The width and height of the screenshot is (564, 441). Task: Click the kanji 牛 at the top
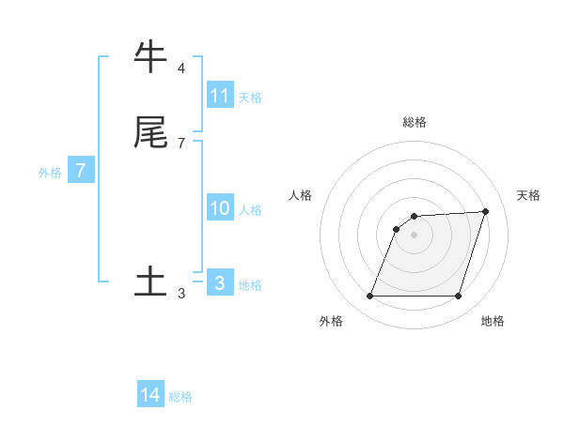pos(151,57)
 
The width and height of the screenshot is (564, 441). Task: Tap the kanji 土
pos(151,281)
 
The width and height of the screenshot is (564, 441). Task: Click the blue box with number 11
pos(220,96)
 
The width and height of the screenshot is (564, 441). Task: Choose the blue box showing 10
pos(220,208)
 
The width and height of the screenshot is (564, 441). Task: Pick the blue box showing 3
pos(220,283)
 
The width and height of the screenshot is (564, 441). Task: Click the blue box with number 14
pos(150,395)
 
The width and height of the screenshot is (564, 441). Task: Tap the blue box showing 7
pos(81,171)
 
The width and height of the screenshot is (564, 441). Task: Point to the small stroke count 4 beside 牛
pos(181,68)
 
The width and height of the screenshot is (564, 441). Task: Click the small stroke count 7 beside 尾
pos(181,144)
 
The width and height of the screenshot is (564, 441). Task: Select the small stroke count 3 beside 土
pos(181,294)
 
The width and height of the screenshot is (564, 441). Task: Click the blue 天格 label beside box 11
pos(250,98)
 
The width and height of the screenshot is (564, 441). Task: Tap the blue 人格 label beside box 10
pos(250,210)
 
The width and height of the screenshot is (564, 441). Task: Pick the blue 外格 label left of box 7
pos(50,173)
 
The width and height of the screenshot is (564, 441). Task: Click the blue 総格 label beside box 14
pos(180,397)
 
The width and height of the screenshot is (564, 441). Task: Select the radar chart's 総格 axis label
pos(415,122)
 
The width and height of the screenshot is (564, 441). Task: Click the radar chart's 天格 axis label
pos(528,195)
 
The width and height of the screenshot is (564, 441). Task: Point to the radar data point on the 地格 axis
pos(458,297)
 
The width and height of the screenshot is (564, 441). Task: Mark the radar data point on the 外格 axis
pos(370,297)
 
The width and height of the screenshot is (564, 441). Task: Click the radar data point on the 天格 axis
pos(486,211)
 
